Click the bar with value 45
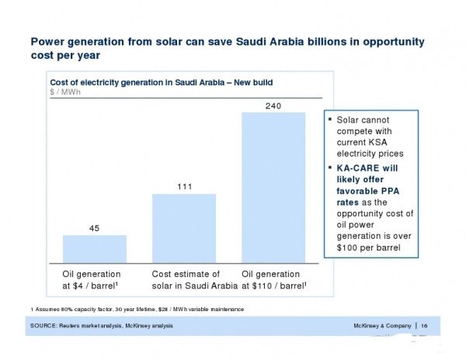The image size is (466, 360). [x=94, y=248]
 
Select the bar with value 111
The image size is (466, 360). [x=183, y=228]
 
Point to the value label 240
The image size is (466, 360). [x=273, y=105]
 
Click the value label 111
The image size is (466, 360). [x=183, y=186]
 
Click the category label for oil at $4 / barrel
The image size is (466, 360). [x=92, y=279]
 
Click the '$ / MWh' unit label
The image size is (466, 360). [x=65, y=92]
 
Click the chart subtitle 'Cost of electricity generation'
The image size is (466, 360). [x=161, y=81]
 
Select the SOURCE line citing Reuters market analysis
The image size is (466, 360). [x=102, y=325]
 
